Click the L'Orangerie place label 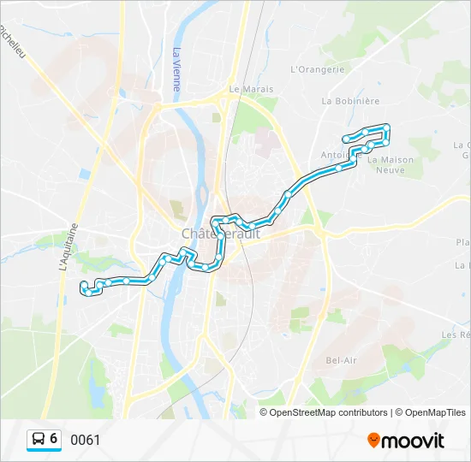(x=317, y=69)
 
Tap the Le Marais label (x=251, y=88)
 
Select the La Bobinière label (x=350, y=100)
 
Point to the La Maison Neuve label (x=391, y=164)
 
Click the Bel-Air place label (x=342, y=360)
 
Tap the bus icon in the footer (x=39, y=439)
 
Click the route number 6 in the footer (x=54, y=439)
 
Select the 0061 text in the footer (x=86, y=440)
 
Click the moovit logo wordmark (x=414, y=441)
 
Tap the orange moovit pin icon (x=373, y=440)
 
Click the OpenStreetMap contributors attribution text (x=329, y=412)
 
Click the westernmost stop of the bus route (x=82, y=285)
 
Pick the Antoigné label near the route (x=333, y=155)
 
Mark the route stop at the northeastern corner (x=387, y=127)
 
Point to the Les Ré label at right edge (x=456, y=335)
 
